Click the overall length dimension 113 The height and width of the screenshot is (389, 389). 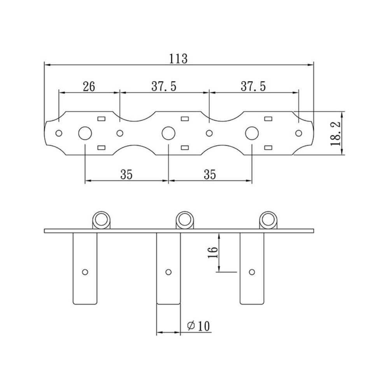[179, 58]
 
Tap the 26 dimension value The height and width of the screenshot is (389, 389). [89, 86]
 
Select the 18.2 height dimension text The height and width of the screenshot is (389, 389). [335, 133]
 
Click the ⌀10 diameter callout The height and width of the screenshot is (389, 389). [198, 326]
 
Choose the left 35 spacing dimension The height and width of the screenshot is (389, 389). [126, 175]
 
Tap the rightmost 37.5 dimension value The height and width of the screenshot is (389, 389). [253, 86]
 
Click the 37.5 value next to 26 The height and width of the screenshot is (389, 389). [164, 86]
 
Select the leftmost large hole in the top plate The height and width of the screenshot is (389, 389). [84, 133]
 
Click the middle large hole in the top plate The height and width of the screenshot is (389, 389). [168, 133]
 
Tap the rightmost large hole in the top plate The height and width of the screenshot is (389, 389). [252, 133]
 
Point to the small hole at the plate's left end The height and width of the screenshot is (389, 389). [59, 133]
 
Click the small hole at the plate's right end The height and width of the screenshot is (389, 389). [298, 133]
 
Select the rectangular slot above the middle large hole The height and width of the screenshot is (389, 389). [185, 119]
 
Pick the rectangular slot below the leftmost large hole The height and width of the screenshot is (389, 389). [102, 147]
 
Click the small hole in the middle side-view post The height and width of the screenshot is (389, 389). [168, 272]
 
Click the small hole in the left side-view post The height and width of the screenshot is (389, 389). [85, 272]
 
